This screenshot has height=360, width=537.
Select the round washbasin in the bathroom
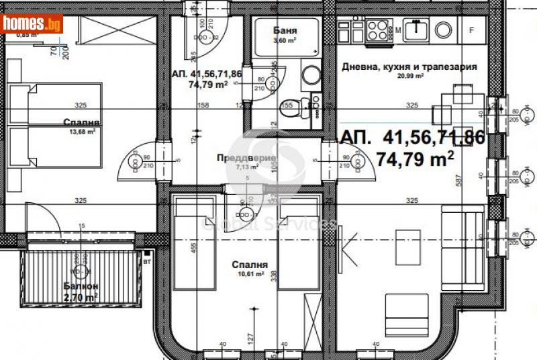click(311, 75)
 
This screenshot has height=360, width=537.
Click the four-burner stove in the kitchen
click(379, 30)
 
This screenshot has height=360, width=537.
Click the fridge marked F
click(471, 30)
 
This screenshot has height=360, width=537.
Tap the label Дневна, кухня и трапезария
click(409, 67)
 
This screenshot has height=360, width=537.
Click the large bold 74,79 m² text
click(417, 160)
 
